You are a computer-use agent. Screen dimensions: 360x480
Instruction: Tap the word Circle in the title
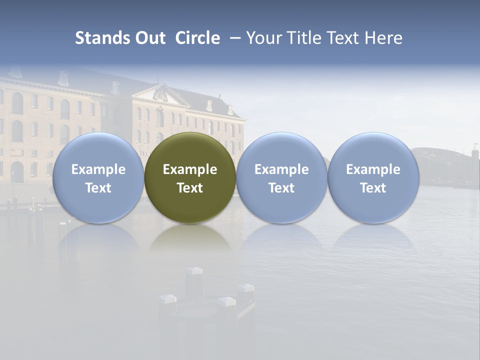tap(197, 38)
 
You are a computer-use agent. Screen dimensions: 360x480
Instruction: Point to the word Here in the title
tap(383, 38)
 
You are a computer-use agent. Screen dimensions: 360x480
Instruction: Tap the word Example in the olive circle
tap(190, 169)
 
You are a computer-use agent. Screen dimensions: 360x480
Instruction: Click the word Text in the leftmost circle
tap(98, 188)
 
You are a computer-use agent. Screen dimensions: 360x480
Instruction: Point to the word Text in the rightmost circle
tap(373, 188)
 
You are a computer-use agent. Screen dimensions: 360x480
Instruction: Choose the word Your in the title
tap(263, 38)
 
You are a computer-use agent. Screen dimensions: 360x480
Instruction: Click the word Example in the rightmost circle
tap(373, 169)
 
